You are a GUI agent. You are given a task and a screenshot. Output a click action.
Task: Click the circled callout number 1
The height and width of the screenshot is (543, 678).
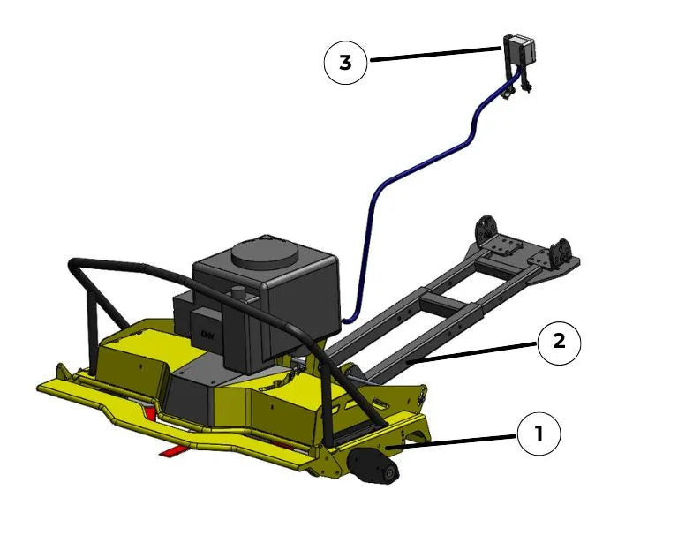(539, 434)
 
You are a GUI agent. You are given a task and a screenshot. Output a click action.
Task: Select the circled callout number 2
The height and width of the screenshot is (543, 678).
(559, 342)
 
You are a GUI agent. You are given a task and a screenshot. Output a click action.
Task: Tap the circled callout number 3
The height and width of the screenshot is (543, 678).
(345, 63)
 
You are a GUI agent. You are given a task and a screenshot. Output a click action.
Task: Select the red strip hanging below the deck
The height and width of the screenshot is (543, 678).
(176, 452)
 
